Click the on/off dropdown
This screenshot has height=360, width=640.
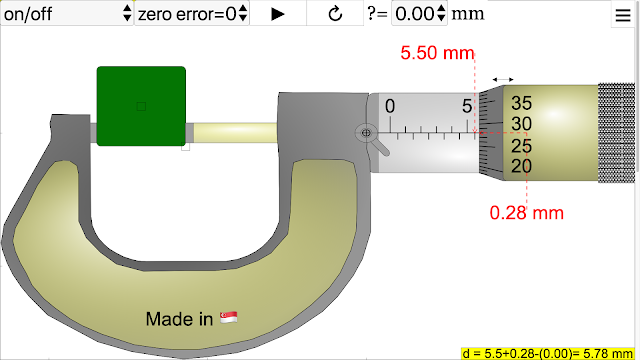click(67, 13)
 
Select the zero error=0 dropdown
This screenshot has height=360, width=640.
click(192, 13)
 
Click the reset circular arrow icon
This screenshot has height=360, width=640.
click(335, 14)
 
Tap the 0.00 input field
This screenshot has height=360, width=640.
click(419, 13)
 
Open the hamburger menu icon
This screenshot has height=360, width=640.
click(623, 15)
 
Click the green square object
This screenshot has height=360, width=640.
click(141, 106)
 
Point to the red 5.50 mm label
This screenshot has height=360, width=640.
click(437, 53)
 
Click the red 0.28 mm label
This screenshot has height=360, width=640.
click(527, 213)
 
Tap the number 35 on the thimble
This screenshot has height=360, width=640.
click(521, 103)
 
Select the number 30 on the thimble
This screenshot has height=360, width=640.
click(521, 124)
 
